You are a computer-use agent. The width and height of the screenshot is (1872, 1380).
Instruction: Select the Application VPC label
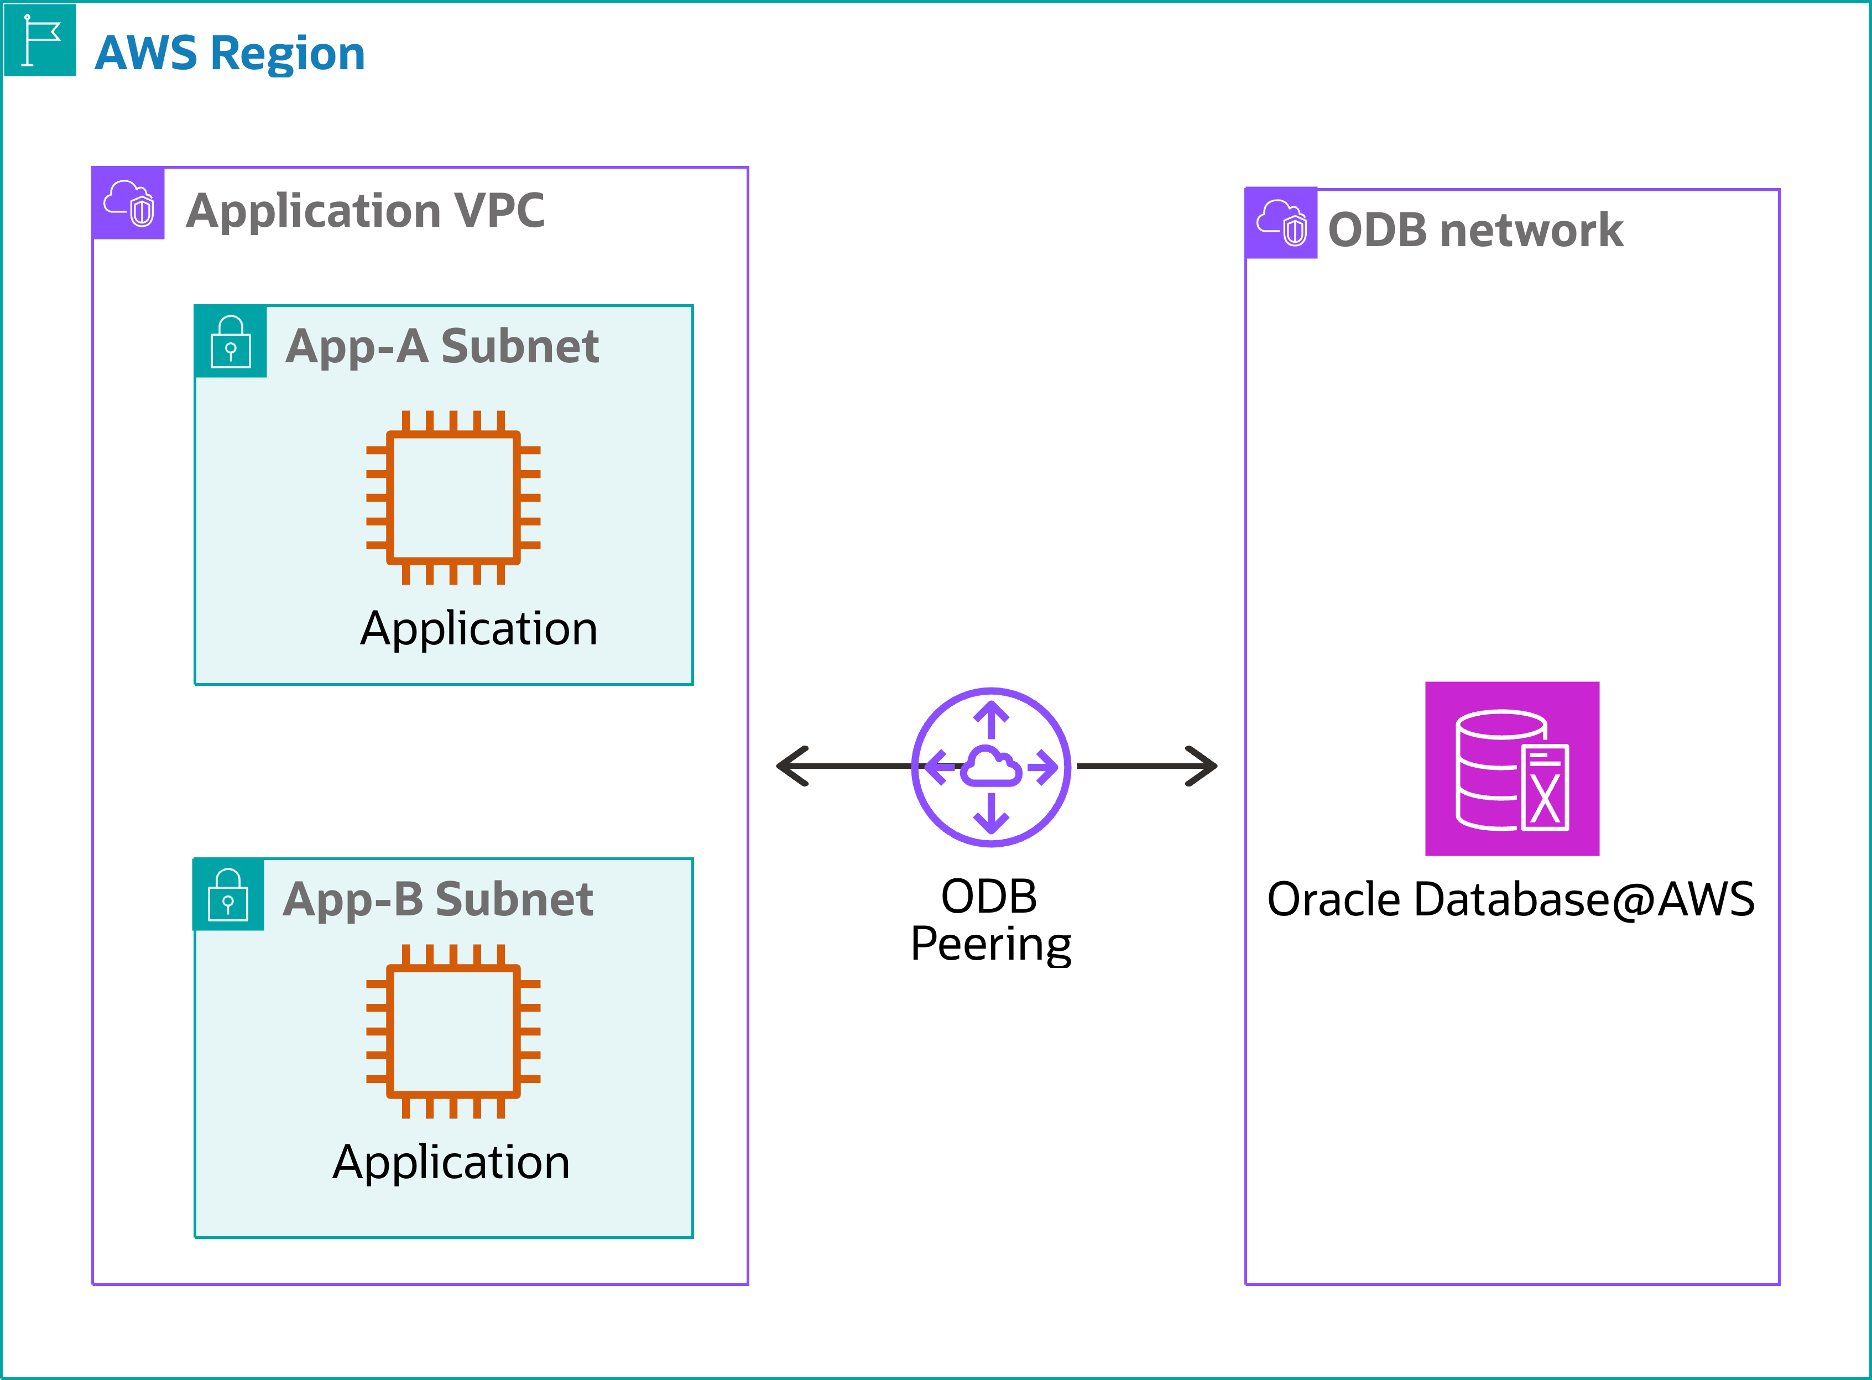[365, 211]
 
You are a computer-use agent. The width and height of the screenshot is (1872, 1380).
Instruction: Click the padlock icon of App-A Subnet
[231, 342]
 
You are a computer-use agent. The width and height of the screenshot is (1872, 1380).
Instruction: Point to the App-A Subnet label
[442, 347]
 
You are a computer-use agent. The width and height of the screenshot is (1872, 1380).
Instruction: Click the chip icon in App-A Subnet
[453, 498]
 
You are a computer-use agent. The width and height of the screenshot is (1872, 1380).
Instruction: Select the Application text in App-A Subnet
[479, 629]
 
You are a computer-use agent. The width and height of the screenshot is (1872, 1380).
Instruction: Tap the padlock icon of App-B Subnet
[228, 895]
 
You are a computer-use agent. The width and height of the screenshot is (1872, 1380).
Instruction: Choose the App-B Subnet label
[437, 900]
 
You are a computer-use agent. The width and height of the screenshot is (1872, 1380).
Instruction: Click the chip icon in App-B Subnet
[453, 1032]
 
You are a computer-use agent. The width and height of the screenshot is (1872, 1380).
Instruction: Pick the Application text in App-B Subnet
[451, 1163]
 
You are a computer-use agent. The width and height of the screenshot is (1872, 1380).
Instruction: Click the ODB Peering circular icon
[990, 767]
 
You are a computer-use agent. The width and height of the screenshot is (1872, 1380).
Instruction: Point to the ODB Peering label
[990, 920]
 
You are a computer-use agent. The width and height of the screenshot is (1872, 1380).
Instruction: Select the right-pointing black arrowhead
[1201, 766]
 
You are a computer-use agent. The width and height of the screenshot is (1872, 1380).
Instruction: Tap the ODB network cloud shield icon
[1281, 223]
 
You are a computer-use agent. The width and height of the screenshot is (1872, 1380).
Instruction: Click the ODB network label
[1475, 231]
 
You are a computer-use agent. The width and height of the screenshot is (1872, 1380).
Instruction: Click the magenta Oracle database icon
[1512, 768]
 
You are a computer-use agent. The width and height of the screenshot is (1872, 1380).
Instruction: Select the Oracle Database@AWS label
[1510, 900]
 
